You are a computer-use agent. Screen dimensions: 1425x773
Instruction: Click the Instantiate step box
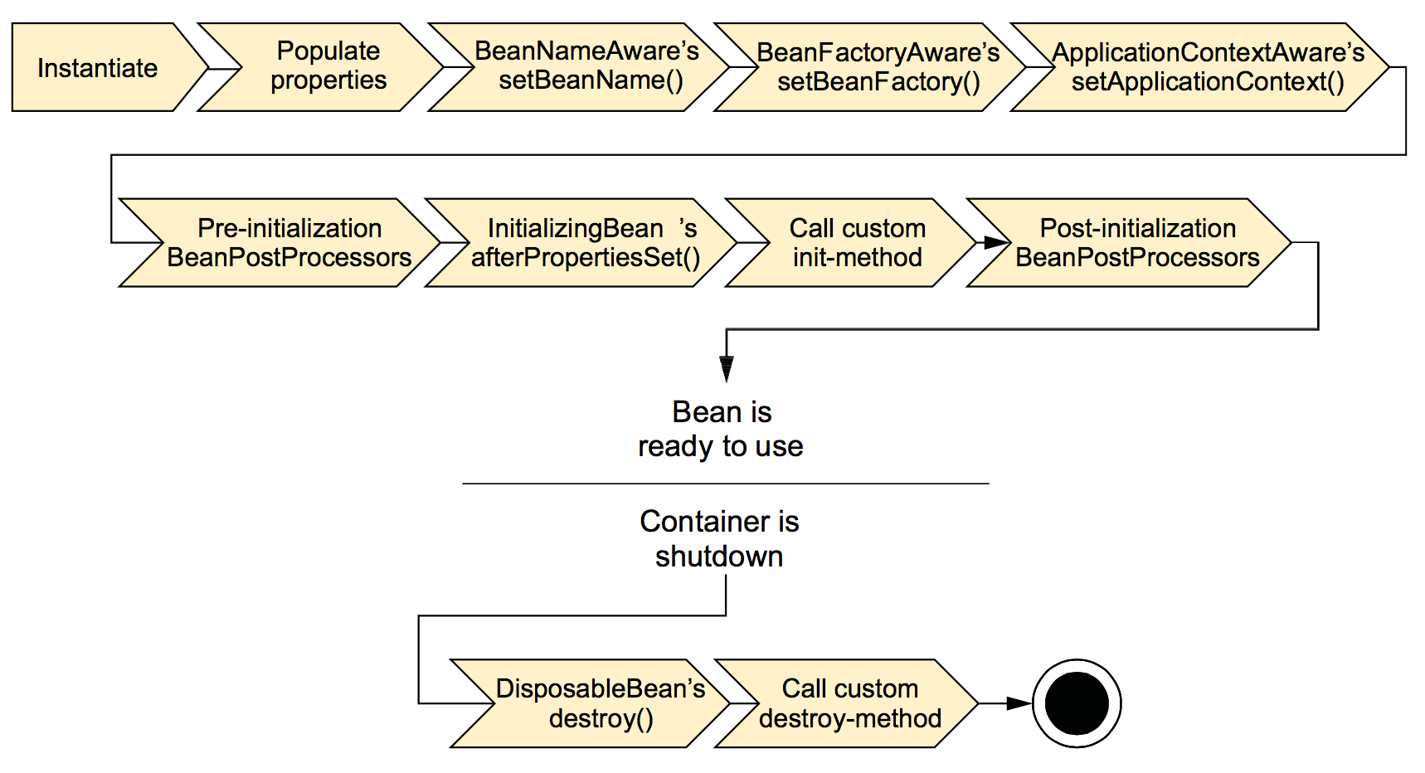point(100,67)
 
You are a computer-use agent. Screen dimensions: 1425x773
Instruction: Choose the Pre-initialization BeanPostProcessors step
point(286,242)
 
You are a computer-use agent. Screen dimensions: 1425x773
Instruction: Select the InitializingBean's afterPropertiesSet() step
point(586,242)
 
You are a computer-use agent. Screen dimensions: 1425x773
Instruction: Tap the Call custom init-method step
point(854,242)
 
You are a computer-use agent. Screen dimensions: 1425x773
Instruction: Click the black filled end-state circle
point(1077,703)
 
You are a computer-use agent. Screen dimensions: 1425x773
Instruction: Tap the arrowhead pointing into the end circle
point(1019,703)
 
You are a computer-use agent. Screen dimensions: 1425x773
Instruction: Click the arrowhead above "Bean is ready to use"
point(727,369)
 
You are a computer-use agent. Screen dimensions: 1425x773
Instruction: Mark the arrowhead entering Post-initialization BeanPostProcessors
point(996,242)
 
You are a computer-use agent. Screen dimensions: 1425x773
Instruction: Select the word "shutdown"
point(719,557)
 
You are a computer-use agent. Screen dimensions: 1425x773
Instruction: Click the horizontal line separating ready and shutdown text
point(726,484)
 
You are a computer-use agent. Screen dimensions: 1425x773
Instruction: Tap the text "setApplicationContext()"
point(1208,82)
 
